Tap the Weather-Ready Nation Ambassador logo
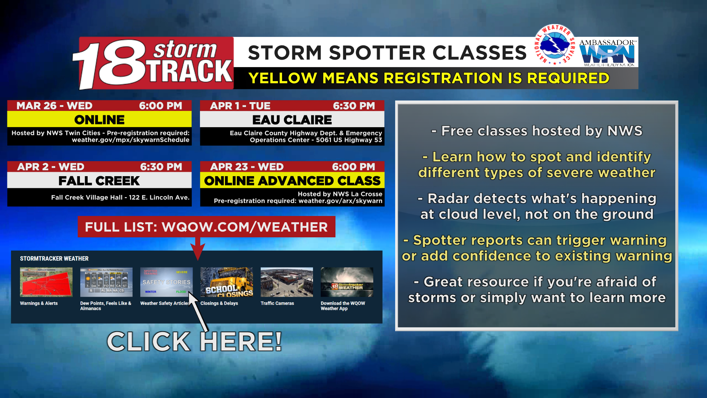click(x=608, y=53)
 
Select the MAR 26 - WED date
click(x=54, y=106)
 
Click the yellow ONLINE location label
click(x=99, y=120)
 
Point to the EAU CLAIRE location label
click(x=292, y=120)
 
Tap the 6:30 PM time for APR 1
click(x=354, y=106)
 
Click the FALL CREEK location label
click(x=99, y=181)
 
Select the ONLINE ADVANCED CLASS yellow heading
click(x=292, y=181)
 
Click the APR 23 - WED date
click(x=247, y=167)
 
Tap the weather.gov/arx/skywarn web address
click(x=340, y=201)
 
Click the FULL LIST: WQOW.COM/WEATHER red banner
click(x=206, y=227)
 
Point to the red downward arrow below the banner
click(x=198, y=249)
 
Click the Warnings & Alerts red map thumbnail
click(x=46, y=282)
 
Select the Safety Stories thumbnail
click(x=166, y=282)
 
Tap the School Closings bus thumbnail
click(x=226, y=282)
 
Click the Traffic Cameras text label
click(x=277, y=303)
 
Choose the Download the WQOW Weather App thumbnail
click(x=347, y=282)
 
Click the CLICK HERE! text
click(x=194, y=342)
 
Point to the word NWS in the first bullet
click(x=625, y=131)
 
